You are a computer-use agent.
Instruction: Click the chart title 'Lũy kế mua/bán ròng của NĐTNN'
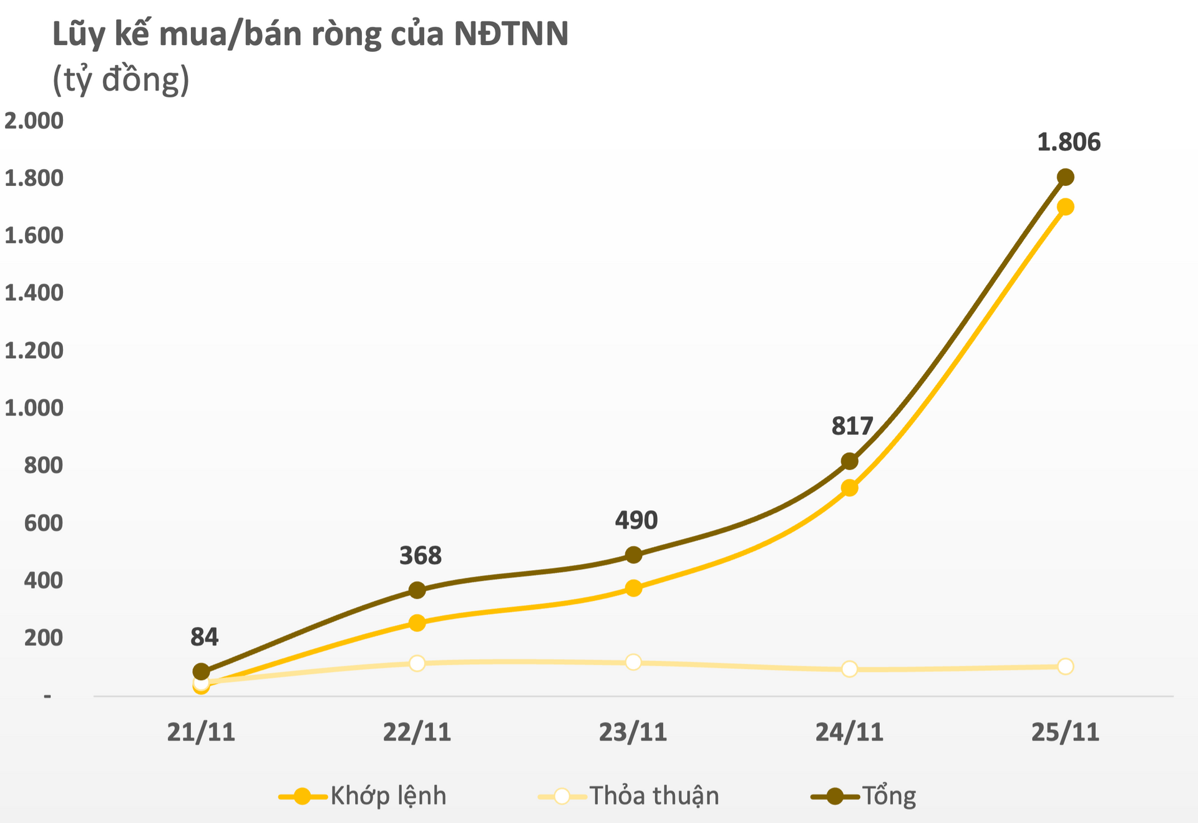(310, 35)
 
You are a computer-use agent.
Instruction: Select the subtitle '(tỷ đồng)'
(121, 80)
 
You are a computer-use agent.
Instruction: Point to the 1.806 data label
(1068, 142)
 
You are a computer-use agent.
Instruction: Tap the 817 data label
(852, 426)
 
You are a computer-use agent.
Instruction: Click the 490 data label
(636, 520)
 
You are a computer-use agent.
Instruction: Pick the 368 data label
(420, 555)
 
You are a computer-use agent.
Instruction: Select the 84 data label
(204, 637)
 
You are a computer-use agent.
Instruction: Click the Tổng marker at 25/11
(1066, 177)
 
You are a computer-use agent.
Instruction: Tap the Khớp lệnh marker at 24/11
(849, 488)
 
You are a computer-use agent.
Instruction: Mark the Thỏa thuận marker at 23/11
(633, 662)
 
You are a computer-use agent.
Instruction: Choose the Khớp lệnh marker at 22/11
(417, 623)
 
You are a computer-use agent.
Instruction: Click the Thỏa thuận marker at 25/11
(1066, 666)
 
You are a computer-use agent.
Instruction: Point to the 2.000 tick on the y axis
(34, 121)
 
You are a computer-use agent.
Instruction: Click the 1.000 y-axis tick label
(34, 408)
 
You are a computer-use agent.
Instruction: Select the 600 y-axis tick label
(43, 523)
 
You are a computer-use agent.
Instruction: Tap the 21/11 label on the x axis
(201, 732)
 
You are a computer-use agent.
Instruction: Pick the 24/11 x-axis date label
(849, 732)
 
